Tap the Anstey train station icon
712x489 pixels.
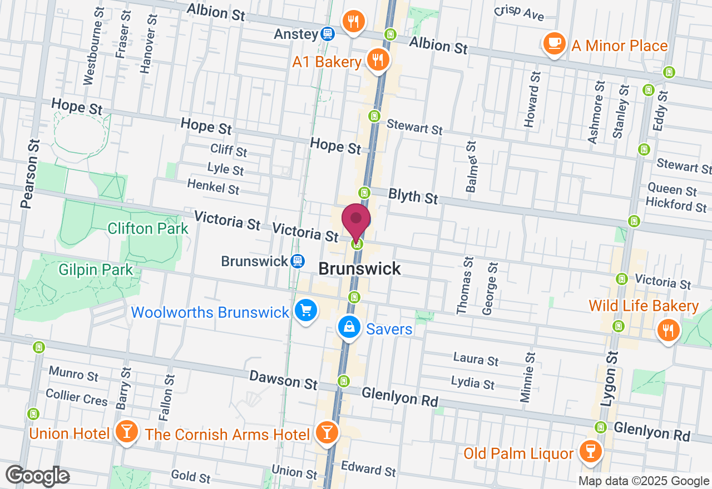pos(328,34)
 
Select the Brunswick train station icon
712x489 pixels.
pos(298,261)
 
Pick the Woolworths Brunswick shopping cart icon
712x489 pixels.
pos(305,311)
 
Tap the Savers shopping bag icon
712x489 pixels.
pos(348,328)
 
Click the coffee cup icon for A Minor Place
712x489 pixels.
pos(553,43)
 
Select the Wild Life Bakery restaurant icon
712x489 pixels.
pos(668,330)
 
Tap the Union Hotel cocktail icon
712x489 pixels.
pos(127,432)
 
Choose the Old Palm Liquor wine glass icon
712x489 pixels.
pos(590,451)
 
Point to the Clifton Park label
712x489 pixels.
pos(148,228)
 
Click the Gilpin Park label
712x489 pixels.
pos(96,270)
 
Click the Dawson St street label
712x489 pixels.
pos(283,380)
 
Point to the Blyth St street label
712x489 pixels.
pos(413,195)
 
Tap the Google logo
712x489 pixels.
pos(37,476)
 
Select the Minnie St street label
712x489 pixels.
pos(527,377)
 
